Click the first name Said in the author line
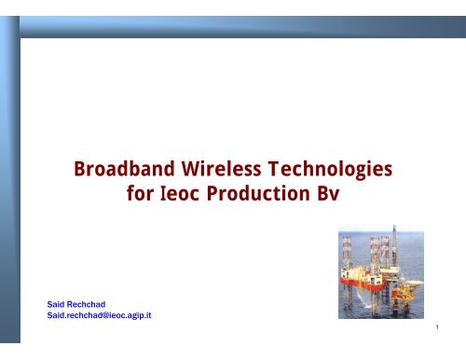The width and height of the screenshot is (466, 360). point(57,305)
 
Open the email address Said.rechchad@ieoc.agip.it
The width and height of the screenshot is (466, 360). point(99,317)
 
